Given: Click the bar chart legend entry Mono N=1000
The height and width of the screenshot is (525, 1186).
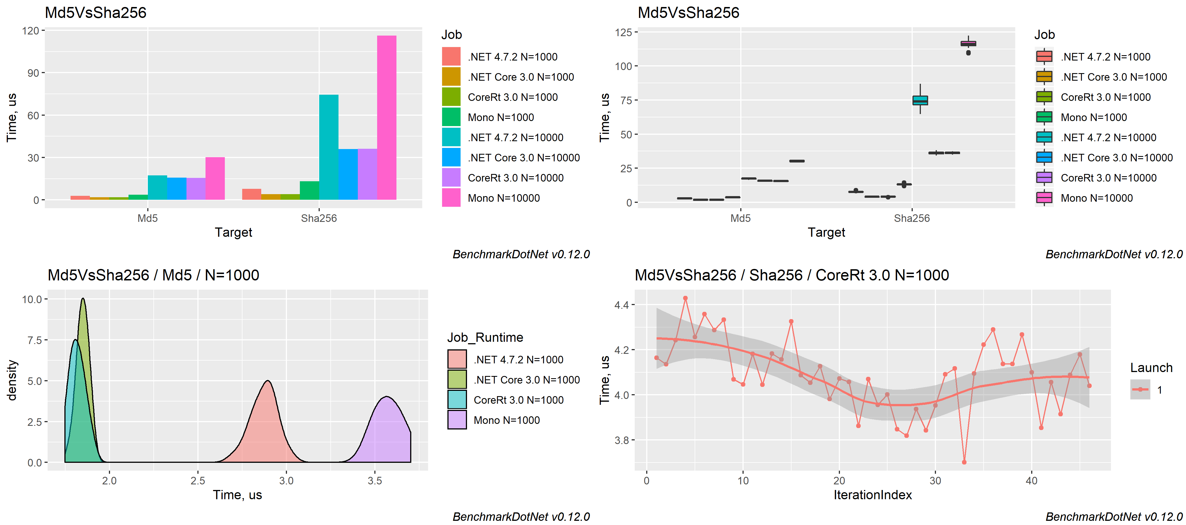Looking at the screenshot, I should pyautogui.click(x=500, y=117).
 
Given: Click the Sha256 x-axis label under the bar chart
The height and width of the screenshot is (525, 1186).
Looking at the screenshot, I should pyautogui.click(x=319, y=218).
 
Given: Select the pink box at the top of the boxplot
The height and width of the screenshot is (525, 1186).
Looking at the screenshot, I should pyautogui.click(x=968, y=44).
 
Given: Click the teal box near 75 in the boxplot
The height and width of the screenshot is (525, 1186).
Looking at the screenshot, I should pyautogui.click(x=920, y=100).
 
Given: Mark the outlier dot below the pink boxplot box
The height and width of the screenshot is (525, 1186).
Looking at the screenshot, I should pyautogui.click(x=968, y=53).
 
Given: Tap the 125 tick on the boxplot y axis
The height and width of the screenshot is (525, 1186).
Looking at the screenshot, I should pyautogui.click(x=624, y=32).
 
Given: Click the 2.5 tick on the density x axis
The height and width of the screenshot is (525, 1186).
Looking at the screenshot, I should pyautogui.click(x=197, y=481).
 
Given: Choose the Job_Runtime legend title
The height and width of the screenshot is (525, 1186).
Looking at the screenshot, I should pyautogui.click(x=485, y=338).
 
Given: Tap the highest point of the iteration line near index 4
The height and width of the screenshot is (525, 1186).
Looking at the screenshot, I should pyautogui.click(x=685, y=298).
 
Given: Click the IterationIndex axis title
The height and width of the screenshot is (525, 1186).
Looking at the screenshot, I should pyautogui.click(x=872, y=495).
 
